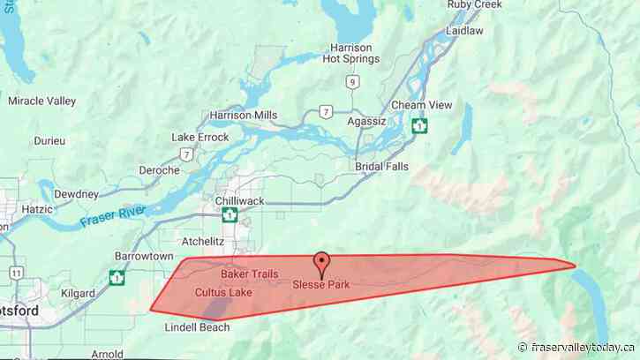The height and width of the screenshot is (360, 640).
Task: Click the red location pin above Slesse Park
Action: pyautogui.click(x=322, y=262)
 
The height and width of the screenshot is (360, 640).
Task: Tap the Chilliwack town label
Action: pyautogui.click(x=240, y=201)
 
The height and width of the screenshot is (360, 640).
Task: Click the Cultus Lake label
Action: pyautogui.click(x=223, y=292)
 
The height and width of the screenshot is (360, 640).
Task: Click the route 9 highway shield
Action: pyautogui.click(x=353, y=82)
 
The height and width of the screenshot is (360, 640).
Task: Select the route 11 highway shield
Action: pyautogui.click(x=18, y=274)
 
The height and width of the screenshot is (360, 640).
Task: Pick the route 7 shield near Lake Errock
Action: pyautogui.click(x=186, y=154)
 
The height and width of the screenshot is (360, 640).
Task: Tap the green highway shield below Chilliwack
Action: pyautogui.click(x=230, y=214)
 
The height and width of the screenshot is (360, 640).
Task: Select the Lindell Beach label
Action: pyautogui.click(x=198, y=327)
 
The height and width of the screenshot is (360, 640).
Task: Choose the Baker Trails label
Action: pyautogui.click(x=237, y=275)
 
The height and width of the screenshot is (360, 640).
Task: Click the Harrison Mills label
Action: pyautogui.click(x=244, y=116)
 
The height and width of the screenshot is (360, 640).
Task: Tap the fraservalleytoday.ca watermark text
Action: pyautogui.click(x=579, y=347)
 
